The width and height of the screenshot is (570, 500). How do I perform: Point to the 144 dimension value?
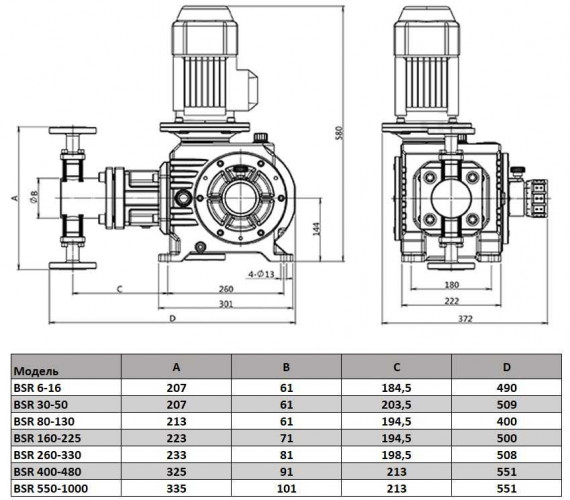(314, 230)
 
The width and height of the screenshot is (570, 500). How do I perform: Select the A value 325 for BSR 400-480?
(176, 473)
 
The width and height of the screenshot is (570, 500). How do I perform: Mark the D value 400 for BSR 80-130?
(508, 420)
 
